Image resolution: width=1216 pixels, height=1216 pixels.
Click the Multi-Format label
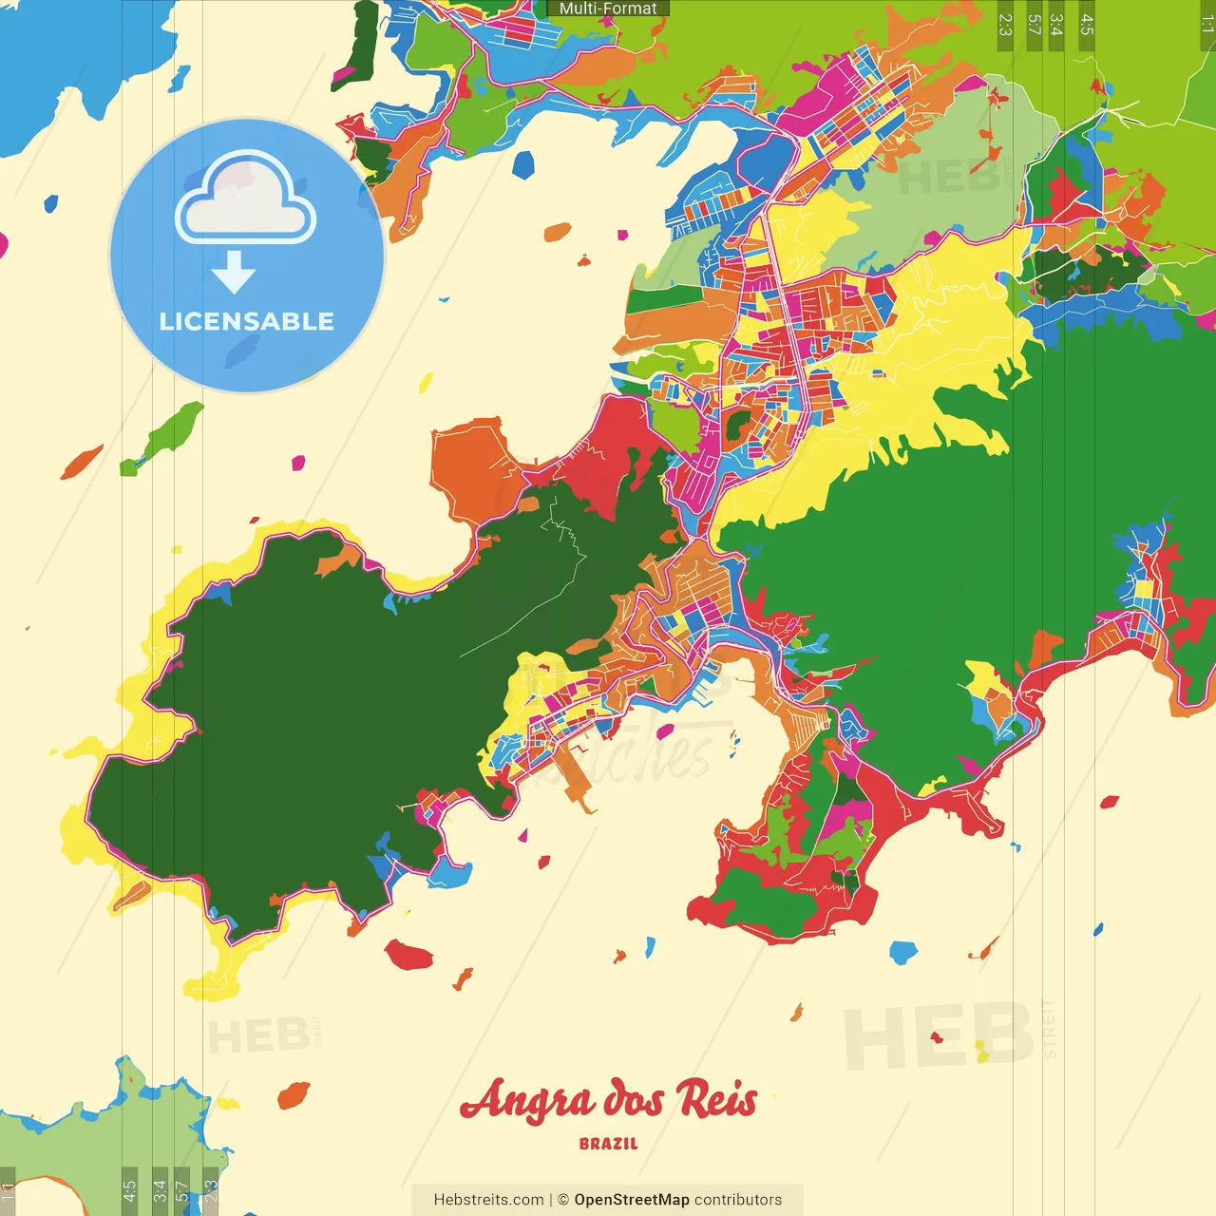click(x=608, y=9)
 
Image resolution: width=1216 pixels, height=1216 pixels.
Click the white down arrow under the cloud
click(x=234, y=272)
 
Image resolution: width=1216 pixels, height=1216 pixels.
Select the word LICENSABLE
click(x=247, y=321)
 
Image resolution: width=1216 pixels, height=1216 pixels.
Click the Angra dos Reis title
click(x=609, y=1100)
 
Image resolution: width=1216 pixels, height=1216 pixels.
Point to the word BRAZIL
click(x=609, y=1144)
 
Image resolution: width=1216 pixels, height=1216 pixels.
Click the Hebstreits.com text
click(x=488, y=1200)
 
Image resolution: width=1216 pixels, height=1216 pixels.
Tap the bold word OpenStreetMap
click(x=631, y=1200)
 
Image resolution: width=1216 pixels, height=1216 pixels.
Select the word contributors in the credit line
click(x=738, y=1200)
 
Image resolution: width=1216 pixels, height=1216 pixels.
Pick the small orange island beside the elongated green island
click(x=82, y=462)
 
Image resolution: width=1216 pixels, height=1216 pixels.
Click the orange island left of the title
click(x=294, y=1094)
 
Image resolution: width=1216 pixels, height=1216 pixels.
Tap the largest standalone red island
click(x=409, y=954)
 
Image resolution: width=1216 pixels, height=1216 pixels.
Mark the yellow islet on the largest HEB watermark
click(x=981, y=1051)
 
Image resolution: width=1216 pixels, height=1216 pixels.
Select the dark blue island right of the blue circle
click(x=523, y=164)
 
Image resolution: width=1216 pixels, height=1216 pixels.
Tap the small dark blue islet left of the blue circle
click(x=50, y=202)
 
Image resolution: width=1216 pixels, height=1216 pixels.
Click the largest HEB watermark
click(x=939, y=1036)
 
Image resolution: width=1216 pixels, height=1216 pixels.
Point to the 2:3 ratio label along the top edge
click(x=1005, y=25)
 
